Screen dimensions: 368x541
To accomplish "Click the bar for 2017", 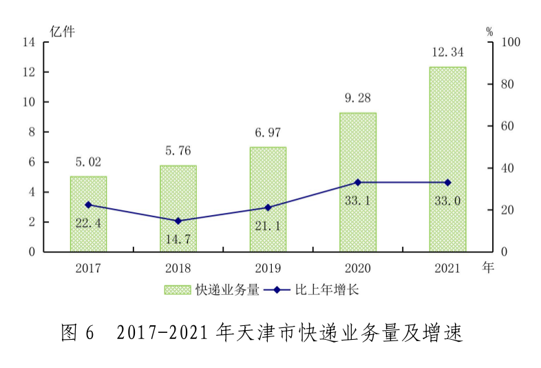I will [x=88, y=214].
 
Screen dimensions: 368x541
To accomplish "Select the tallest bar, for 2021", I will [x=447, y=159].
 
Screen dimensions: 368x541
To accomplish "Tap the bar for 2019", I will [x=268, y=199].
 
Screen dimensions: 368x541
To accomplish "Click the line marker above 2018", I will [x=178, y=221].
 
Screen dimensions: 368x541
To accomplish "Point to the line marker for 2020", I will [x=357, y=183].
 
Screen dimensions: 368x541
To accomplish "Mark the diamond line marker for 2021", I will [x=447, y=183].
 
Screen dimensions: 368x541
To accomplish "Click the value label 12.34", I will [x=447, y=52].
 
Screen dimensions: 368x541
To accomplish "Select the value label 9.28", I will [x=357, y=98].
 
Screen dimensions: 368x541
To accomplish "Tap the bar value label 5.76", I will [x=178, y=150].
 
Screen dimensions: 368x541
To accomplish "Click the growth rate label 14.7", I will [x=178, y=239].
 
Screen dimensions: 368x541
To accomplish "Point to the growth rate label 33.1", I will [x=357, y=201].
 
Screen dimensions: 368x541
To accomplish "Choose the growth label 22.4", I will [x=88, y=222].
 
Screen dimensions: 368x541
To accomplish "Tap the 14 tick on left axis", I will [x=29, y=42].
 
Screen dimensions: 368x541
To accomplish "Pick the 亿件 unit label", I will [x=62, y=30].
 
